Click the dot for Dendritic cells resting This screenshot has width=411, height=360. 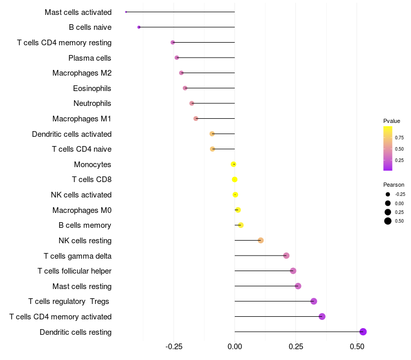[x=363, y=332]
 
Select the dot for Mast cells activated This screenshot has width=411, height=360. [x=126, y=12]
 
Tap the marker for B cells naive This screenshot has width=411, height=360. [x=139, y=27]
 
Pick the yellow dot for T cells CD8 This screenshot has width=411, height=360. [x=235, y=179]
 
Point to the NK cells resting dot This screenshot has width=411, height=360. [x=260, y=241]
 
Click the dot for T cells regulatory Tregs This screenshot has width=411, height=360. [x=314, y=301]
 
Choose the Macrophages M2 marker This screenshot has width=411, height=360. [x=181, y=73]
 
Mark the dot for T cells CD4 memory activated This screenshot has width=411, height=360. [x=322, y=316]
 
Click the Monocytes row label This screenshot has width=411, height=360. [x=92, y=165]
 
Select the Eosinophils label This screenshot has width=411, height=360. [x=92, y=88]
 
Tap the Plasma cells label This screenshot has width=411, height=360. [x=90, y=58]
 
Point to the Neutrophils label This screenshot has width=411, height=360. [x=92, y=103]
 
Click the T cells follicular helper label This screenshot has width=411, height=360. [x=74, y=271]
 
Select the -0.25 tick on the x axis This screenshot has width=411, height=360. [x=174, y=348]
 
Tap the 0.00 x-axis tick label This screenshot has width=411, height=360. [x=235, y=348]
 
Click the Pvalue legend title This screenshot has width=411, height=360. [x=391, y=121]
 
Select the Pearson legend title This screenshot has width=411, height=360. [x=394, y=185]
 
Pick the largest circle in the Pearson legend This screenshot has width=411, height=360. [x=388, y=221]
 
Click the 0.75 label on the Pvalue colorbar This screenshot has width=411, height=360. [x=399, y=137]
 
